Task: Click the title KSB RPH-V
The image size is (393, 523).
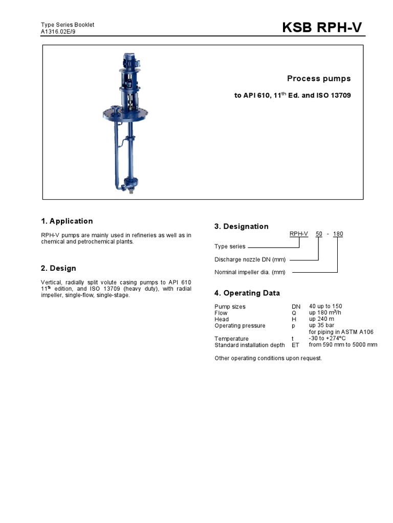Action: [x=322, y=28]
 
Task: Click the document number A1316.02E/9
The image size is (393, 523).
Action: [x=58, y=32]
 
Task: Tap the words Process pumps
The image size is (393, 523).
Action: [x=319, y=79]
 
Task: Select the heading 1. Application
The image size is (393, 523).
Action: [x=67, y=221]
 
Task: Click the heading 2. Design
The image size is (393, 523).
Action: [x=59, y=268]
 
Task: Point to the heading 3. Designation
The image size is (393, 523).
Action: [x=241, y=226]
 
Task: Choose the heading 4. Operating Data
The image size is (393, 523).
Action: [x=247, y=293]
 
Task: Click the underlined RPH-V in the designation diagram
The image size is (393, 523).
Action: [x=299, y=234]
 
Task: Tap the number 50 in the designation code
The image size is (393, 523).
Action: [x=319, y=234]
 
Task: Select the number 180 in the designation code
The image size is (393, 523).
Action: [x=338, y=234]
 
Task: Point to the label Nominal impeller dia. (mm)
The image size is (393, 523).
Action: [x=250, y=272]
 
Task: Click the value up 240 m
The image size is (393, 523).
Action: [x=321, y=319]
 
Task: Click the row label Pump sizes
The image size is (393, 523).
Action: [x=230, y=306]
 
